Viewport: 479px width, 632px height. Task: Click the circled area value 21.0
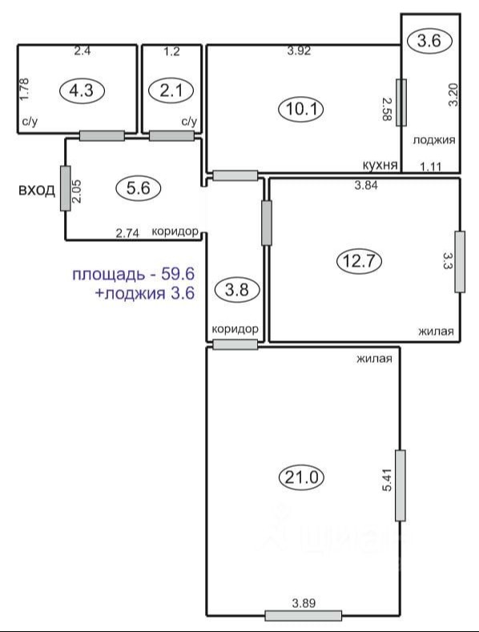coord(302,477)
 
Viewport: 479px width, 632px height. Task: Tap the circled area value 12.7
coord(359,262)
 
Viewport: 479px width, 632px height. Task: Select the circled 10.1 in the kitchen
coord(301,109)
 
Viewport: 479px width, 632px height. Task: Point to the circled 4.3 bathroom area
coord(82,91)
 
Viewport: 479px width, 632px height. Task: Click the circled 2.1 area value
coord(171,91)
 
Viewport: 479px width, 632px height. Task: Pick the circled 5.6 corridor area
coord(138,187)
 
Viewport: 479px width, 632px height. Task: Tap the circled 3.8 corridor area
coord(236,289)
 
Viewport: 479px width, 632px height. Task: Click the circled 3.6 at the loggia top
coord(429,40)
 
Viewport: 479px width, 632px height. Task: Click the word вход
coord(37,190)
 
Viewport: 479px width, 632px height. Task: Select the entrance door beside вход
coord(66,188)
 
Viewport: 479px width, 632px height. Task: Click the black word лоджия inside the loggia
coord(434,140)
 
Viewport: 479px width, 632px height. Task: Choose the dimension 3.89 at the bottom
coord(304,603)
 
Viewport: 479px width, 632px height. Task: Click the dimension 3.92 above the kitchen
coord(299,51)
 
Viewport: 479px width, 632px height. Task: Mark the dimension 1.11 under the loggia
coord(431,166)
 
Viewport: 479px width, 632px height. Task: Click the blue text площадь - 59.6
coord(134,274)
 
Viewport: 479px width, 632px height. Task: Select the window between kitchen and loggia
coord(401,103)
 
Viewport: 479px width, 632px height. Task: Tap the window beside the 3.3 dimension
coord(460,262)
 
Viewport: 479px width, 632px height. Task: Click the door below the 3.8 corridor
coord(235,344)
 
